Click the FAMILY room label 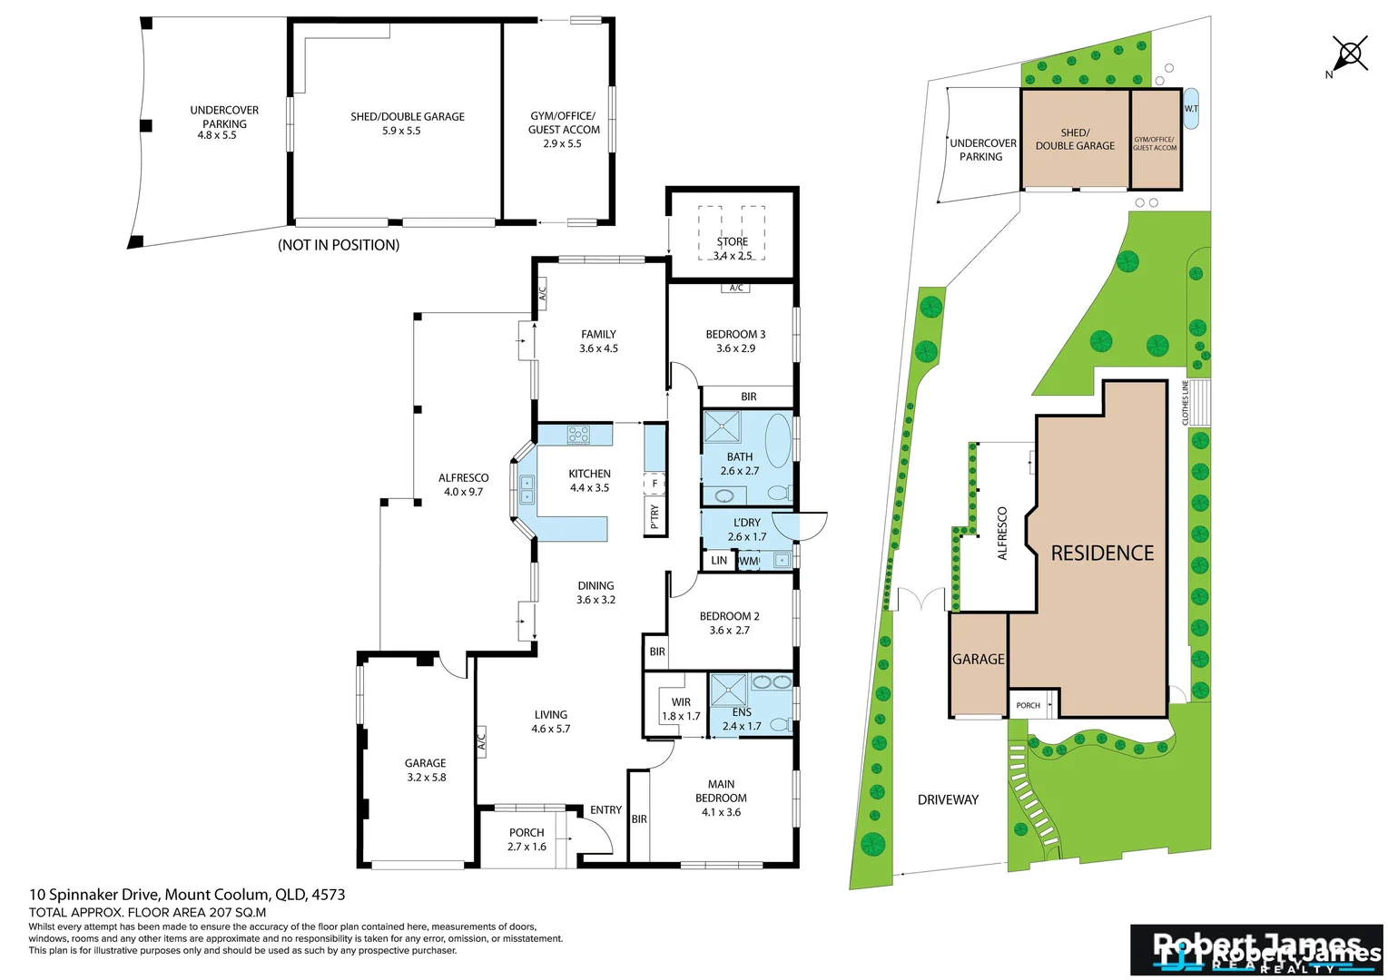point(598,335)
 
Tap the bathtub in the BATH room point(778,440)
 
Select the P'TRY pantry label point(655,515)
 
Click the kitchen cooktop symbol point(578,435)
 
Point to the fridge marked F point(655,484)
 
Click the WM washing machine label point(748,561)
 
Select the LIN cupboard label point(719,561)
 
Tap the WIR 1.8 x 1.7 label point(681,709)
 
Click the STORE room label point(732,242)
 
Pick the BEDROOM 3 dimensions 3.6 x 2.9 point(735,348)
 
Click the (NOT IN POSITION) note point(339,245)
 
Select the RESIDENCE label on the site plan point(1102,553)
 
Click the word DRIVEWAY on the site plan point(948,799)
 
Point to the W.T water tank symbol point(1191,109)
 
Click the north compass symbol point(1349,54)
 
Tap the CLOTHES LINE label point(1186,402)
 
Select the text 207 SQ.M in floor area point(236,913)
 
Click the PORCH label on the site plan point(1028,705)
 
